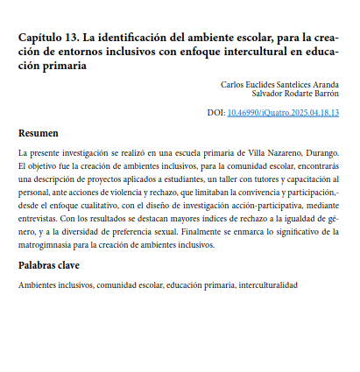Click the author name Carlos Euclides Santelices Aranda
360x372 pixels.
(279, 85)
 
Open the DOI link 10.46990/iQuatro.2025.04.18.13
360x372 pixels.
(283, 113)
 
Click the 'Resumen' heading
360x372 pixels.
(39, 134)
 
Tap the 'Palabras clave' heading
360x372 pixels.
(50, 264)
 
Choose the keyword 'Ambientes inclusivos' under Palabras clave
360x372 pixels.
(55, 285)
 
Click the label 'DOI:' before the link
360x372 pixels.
(215, 113)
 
